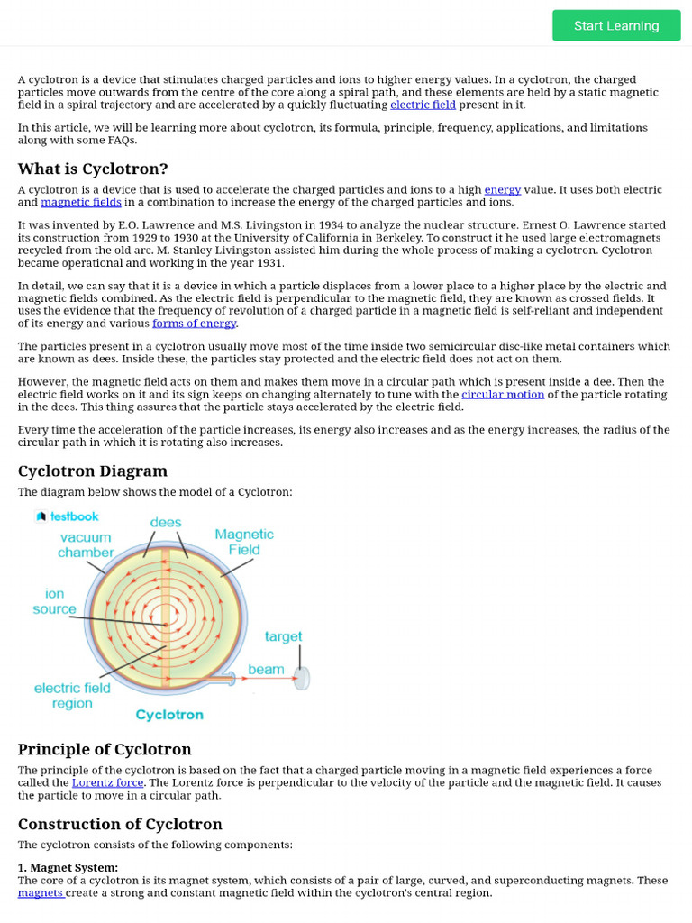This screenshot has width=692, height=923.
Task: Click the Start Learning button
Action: (x=616, y=25)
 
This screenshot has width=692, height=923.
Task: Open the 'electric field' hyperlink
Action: (x=423, y=105)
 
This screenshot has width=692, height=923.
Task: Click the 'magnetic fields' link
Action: (x=80, y=202)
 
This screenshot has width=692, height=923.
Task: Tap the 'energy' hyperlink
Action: (x=503, y=189)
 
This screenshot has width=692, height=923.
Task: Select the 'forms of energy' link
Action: (x=194, y=323)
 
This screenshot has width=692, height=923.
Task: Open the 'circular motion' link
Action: (x=503, y=394)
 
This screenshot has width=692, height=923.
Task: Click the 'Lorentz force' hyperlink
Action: (x=107, y=782)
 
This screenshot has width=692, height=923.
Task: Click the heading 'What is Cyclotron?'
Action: (x=93, y=169)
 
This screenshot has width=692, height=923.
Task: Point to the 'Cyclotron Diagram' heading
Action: (x=93, y=471)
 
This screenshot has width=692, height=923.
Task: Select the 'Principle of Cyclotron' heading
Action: (x=105, y=749)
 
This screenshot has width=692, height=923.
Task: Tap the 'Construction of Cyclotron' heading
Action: (x=120, y=824)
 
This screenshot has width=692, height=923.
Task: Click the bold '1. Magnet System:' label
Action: (x=68, y=867)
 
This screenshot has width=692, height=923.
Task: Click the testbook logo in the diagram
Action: (x=68, y=516)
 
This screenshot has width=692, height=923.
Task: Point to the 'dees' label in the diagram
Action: (x=166, y=522)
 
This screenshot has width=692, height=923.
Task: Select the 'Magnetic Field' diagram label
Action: (x=244, y=542)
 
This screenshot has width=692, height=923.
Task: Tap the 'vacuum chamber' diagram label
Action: (x=86, y=544)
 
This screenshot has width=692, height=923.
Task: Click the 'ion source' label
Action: (x=54, y=601)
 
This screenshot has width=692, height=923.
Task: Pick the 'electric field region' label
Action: (x=72, y=695)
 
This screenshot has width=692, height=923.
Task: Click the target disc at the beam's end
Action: (x=302, y=677)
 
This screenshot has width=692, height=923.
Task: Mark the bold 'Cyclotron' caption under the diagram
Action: (x=169, y=715)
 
